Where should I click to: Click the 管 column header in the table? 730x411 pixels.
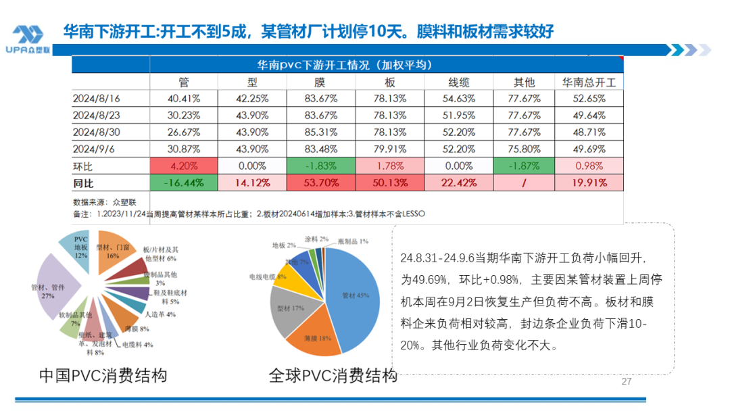184,82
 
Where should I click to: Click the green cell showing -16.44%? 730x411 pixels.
184,183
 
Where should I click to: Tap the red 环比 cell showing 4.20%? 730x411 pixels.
184,166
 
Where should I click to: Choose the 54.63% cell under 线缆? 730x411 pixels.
459,99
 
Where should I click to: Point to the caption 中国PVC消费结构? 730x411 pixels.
103,375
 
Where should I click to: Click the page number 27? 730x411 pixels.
626,382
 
